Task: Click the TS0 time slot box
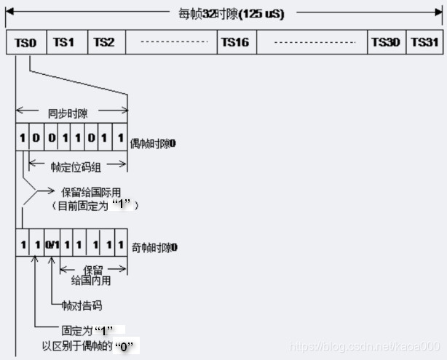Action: [x=25, y=42]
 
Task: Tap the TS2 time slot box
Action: [x=106, y=42]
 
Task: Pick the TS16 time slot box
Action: [x=236, y=42]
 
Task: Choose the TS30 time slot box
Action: [x=386, y=42]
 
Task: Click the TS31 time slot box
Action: [x=424, y=42]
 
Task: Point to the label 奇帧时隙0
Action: [x=153, y=248]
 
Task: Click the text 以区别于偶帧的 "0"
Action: [x=90, y=344]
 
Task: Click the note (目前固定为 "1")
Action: [x=93, y=206]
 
